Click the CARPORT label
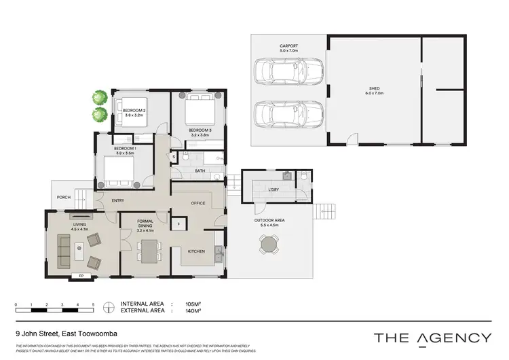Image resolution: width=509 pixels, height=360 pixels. tap(289, 47)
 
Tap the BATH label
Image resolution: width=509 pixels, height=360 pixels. tap(200, 171)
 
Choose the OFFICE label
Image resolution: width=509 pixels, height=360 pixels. tap(198, 202)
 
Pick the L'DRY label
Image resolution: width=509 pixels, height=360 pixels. tap(274, 190)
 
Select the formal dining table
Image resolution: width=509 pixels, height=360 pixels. tap(148, 251)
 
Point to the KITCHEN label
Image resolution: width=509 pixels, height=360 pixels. tap(196, 252)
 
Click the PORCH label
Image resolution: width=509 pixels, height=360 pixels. tap(64, 198)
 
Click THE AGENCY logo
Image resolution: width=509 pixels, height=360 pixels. tap(433, 338)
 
